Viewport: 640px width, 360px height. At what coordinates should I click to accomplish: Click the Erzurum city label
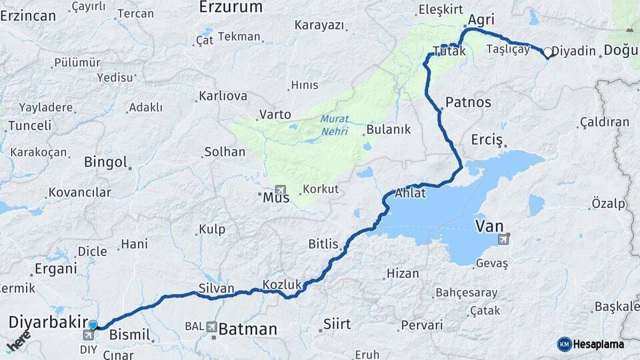tap(231, 7)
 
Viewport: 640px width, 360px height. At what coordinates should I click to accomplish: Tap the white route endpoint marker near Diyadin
tap(548, 52)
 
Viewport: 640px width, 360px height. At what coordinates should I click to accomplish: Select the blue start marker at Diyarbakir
tap(93, 325)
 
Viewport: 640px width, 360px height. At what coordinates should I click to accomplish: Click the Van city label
tap(489, 226)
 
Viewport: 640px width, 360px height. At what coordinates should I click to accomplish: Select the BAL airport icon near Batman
tap(211, 327)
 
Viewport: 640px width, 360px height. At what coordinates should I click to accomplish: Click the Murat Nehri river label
tap(334, 125)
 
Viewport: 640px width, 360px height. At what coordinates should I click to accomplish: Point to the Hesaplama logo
tap(591, 344)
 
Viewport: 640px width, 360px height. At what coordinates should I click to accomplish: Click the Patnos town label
tap(468, 102)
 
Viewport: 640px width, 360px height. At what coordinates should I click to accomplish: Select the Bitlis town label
tap(323, 244)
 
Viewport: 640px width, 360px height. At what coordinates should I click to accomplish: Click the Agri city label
tap(481, 21)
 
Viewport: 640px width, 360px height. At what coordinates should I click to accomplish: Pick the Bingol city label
tap(105, 162)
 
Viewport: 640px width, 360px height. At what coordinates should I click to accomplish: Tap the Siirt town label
tap(336, 324)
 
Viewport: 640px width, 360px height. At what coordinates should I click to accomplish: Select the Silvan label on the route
tap(216, 289)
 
